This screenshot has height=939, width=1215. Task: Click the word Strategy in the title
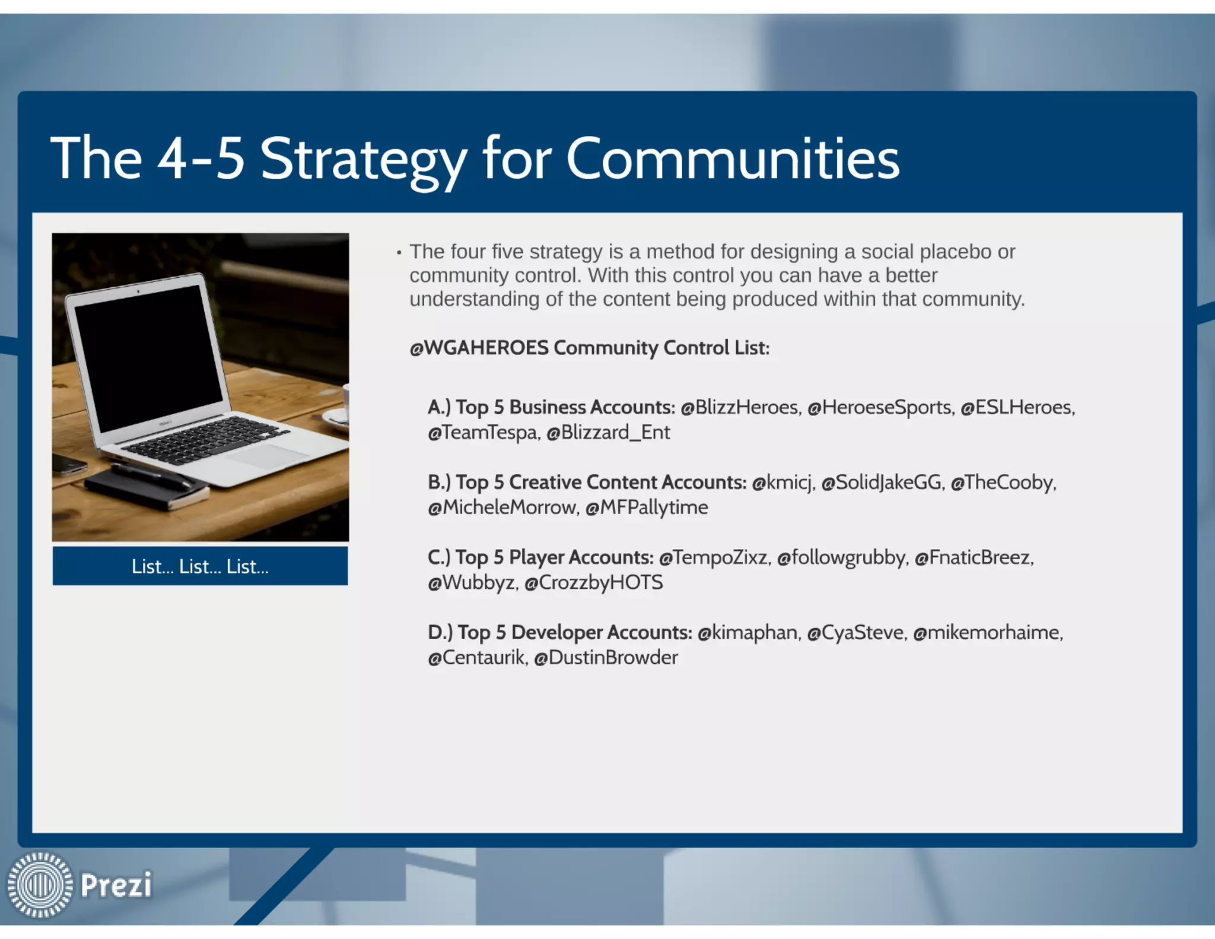point(363,159)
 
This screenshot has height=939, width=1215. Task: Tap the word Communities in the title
point(733,159)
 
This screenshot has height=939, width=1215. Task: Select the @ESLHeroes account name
point(1017,407)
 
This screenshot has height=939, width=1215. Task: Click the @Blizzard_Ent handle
point(608,432)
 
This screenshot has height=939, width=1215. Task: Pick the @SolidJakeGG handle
point(882,482)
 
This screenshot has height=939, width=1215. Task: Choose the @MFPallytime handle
point(647,507)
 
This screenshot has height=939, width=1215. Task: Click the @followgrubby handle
point(842,557)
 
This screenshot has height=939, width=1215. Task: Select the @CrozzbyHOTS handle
point(593,582)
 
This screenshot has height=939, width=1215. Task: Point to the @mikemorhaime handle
point(987,633)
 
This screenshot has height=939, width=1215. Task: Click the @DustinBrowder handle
point(606,658)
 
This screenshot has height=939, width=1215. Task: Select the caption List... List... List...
point(200,566)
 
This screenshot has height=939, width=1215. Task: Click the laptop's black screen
point(148,356)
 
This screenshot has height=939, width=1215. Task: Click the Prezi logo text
point(116,885)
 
